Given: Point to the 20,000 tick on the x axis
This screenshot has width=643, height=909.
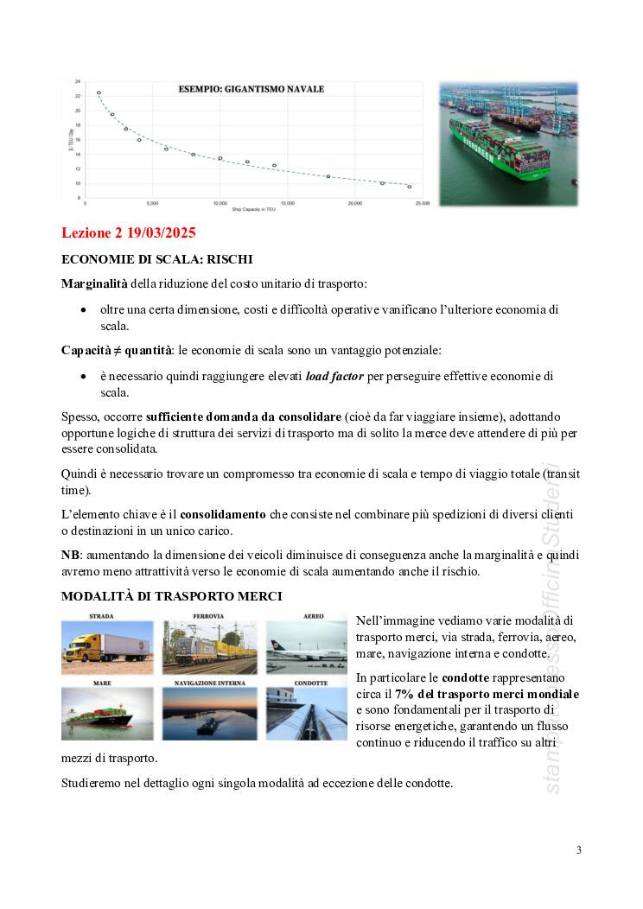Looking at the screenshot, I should tap(355, 204).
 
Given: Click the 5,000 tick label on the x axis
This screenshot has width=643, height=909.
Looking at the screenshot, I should tap(152, 204).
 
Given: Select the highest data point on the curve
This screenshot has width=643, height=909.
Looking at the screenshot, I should tap(99, 92).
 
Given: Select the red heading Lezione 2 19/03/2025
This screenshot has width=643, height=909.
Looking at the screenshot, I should tap(129, 233).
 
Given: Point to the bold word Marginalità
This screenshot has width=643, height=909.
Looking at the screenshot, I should tap(94, 283).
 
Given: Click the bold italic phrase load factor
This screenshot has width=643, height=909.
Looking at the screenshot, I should tap(334, 377).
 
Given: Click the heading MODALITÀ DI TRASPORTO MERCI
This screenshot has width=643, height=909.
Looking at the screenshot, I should tap(171, 596).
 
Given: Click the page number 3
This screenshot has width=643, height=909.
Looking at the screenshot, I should tap(579, 850).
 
